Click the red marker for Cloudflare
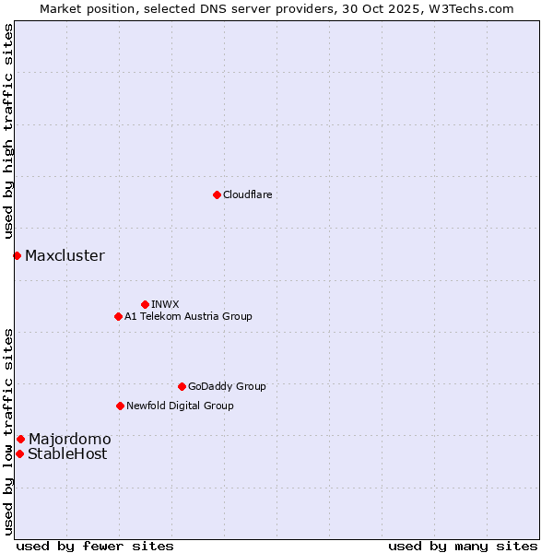217,194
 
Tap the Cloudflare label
247,194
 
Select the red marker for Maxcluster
17,255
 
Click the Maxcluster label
65,256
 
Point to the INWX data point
145,304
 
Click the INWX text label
165,304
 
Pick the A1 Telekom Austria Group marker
118,316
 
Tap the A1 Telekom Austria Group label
188,316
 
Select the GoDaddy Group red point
182,386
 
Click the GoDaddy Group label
226,386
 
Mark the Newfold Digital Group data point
120,406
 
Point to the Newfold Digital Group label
180,406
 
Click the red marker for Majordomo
20,439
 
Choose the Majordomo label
69,440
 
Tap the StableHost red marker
19,453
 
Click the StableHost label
67,454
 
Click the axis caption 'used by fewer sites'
95,546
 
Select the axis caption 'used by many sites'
463,546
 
